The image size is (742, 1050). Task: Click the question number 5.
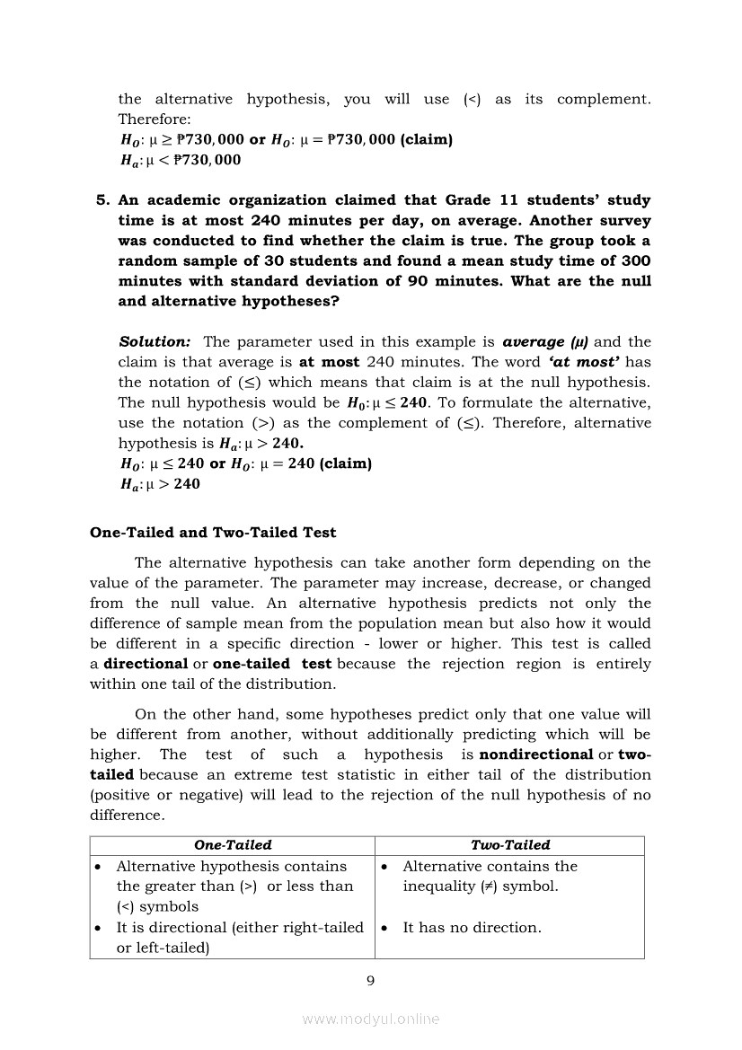[102, 200]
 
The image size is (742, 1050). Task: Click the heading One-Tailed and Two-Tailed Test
[213, 533]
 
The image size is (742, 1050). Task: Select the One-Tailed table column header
[233, 845]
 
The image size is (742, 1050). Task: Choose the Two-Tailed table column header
[510, 845]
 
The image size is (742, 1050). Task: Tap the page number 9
[370, 980]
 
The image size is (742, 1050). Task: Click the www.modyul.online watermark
[370, 1019]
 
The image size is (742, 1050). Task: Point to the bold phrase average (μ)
[545, 342]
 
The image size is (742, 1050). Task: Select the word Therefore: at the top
[148, 119]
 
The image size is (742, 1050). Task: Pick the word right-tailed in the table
[319, 927]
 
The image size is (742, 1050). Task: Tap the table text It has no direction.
[472, 927]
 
